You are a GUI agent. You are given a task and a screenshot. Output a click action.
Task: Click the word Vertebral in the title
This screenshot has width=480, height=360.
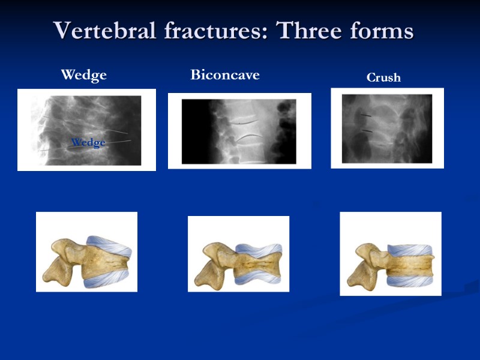(x=98, y=30)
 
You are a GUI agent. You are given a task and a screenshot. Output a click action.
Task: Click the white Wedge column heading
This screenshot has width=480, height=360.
(x=84, y=75)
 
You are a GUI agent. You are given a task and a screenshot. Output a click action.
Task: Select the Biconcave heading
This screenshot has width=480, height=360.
(x=225, y=75)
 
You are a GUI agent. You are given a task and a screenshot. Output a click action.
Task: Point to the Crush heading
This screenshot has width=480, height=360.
(x=383, y=77)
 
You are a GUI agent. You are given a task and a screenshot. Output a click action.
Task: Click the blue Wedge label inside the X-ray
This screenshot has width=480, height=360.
(x=88, y=143)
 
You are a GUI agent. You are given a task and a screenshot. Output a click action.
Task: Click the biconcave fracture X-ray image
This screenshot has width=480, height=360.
(x=239, y=131)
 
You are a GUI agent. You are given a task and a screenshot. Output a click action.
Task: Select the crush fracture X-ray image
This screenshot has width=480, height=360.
(x=387, y=128)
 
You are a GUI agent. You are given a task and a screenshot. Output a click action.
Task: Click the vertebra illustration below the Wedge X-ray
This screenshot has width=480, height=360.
(x=86, y=252)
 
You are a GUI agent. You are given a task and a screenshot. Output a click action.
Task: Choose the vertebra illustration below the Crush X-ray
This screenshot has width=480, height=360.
(x=391, y=254)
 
